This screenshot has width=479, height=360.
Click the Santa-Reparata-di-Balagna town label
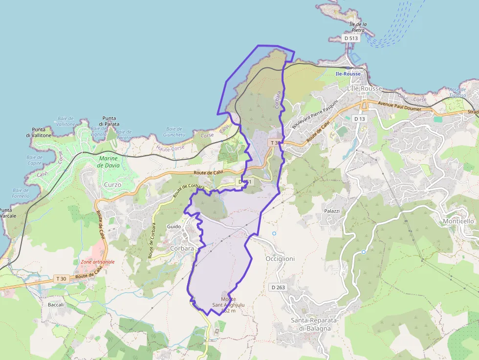[x=311, y=324]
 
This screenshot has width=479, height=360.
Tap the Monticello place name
[x=458, y=221]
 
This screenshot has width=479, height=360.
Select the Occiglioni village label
[x=280, y=258]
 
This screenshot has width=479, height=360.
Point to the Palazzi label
[x=332, y=211]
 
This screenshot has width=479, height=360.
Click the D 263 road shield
[x=277, y=287]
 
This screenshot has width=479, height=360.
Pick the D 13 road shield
[x=359, y=119]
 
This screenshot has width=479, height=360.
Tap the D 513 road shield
[x=350, y=38]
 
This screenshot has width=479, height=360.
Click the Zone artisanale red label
[x=98, y=262]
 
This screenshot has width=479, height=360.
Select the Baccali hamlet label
[x=56, y=305]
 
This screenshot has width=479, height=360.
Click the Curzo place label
[x=112, y=185]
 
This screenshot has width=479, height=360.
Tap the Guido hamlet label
[x=174, y=227]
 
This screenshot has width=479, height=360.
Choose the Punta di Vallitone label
[x=36, y=132]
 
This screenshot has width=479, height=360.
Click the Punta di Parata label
[x=109, y=121]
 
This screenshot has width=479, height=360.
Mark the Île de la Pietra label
[x=358, y=27]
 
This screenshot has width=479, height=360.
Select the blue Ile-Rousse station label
[x=348, y=74]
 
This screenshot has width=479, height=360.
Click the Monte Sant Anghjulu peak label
[x=228, y=305]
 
